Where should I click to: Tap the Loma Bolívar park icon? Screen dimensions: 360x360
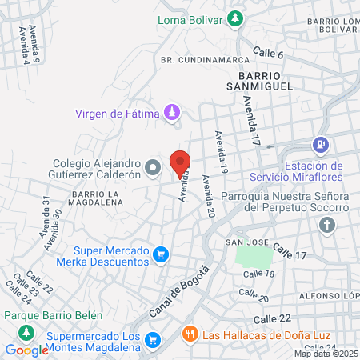tap(235, 18)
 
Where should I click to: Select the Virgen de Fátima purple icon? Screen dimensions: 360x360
tap(170, 113)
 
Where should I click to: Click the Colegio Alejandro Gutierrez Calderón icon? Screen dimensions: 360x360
tap(154, 167)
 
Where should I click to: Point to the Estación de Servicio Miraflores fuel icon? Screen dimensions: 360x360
tap(321, 145)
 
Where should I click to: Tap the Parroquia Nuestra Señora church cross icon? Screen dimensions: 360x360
tap(326, 225)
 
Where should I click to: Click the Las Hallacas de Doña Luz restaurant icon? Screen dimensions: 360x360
tap(190, 334)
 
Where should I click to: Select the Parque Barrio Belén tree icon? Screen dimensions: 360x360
tap(27, 331)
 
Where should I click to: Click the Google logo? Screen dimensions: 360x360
tap(26, 350)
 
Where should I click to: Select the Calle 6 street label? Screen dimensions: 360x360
tap(268, 53)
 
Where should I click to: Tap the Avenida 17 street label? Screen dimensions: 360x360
tap(253, 115)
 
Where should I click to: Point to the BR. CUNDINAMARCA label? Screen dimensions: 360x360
tap(194, 60)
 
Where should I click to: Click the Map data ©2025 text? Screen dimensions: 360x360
tap(326, 353)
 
